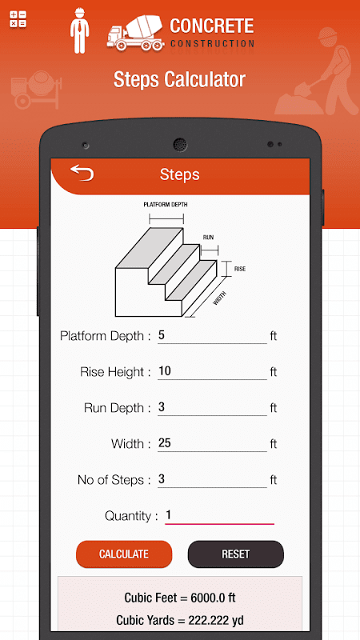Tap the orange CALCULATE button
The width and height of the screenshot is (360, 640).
coord(124,554)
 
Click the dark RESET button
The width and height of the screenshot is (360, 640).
coord(235,554)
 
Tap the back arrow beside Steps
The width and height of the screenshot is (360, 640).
coord(82,173)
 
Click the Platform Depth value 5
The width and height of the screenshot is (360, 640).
coord(162,335)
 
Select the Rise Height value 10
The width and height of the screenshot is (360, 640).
coord(165,371)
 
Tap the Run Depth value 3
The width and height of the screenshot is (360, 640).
coord(162,407)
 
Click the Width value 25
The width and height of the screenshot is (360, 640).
coord(165,443)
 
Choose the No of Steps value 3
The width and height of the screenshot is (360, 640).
coord(162,479)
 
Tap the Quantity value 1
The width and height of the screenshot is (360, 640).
coord(168,515)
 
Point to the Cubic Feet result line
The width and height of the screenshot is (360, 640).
coord(180,598)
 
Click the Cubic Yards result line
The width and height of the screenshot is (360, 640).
coord(180,621)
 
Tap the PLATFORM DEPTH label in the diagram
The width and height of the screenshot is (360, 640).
coord(166,205)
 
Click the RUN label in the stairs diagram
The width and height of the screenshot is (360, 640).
coord(208,237)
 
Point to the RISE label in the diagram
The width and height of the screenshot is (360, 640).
coord(239,269)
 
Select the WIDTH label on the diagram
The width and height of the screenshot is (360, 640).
coord(219,298)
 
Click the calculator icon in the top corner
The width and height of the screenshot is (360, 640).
coord(18,19)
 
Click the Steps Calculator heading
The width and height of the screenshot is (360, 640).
coord(179,79)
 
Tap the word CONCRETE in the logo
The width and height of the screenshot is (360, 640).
coord(212,26)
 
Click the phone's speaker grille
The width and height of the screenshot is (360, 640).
coord(180,145)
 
